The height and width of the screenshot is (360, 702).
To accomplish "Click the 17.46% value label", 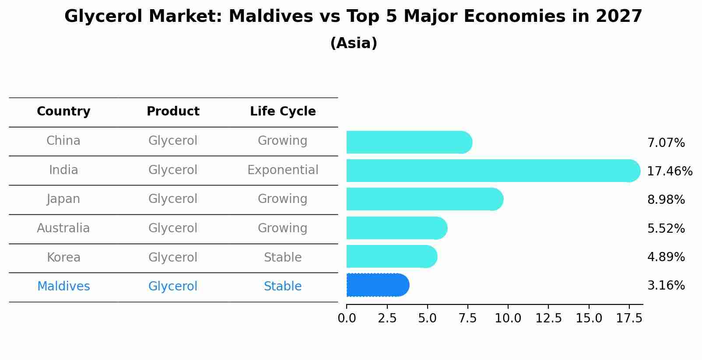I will point(669,171).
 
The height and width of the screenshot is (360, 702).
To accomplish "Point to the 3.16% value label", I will point(666,286).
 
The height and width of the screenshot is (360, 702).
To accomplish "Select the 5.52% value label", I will point(666,229).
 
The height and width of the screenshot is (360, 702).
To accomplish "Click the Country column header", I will point(63,112).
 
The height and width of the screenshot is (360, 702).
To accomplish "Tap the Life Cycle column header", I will point(283,112).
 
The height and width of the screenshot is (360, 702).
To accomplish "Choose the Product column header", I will point(173,112).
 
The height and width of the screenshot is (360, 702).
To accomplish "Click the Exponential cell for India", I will point(283,170).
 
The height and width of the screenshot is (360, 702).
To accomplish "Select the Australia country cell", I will point(63,228).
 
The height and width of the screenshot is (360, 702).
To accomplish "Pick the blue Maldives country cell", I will point(63,287).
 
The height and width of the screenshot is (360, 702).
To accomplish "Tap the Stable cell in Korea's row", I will point(283,258).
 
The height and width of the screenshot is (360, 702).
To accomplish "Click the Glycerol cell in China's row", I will point(173,141).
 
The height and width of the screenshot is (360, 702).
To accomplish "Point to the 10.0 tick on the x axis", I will point(508,318).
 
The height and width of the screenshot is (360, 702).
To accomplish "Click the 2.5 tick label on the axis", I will point(387,318).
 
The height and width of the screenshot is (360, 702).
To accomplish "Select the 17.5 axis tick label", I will point(629,318).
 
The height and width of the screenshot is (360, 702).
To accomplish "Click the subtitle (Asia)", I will point(354,43).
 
